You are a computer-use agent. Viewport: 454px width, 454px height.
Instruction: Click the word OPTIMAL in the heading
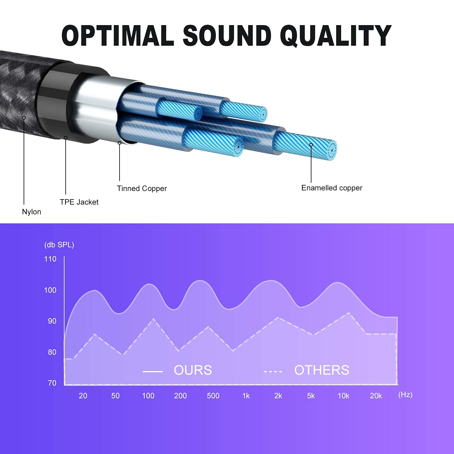click(118, 35)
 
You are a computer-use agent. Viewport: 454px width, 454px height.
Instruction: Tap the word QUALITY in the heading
click(336, 36)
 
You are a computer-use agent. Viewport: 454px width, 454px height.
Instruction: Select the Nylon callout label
click(31, 212)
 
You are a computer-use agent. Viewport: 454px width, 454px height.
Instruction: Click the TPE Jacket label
click(79, 202)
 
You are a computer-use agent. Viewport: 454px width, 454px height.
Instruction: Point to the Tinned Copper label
click(142, 189)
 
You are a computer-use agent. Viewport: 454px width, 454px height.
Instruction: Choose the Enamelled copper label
click(332, 188)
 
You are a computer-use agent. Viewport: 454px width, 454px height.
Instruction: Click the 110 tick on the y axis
click(50, 259)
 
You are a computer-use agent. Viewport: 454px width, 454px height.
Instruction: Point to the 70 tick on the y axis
click(52, 383)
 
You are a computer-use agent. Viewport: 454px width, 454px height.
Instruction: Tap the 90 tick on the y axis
click(52, 321)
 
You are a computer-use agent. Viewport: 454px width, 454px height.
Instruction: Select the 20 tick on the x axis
click(83, 396)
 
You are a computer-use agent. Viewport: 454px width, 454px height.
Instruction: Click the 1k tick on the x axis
click(246, 396)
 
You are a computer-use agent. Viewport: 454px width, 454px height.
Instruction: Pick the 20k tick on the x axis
click(376, 396)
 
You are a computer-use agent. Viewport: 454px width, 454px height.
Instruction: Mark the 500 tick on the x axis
click(213, 396)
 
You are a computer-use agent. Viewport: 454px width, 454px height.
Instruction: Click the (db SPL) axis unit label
click(59, 245)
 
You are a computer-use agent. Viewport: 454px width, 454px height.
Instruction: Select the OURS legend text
click(193, 370)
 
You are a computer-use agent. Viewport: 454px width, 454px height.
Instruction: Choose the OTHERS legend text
click(322, 370)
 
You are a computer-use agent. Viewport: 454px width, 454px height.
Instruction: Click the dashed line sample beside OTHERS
click(273, 371)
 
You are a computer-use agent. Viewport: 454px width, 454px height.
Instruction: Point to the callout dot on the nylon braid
click(24, 118)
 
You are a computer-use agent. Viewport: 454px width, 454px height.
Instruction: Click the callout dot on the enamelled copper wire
click(311, 145)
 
